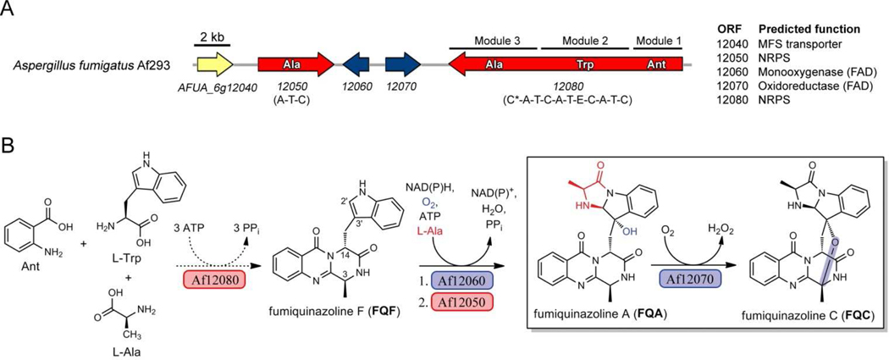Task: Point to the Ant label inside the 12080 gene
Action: [658, 64]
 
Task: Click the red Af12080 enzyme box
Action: [212, 261]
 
